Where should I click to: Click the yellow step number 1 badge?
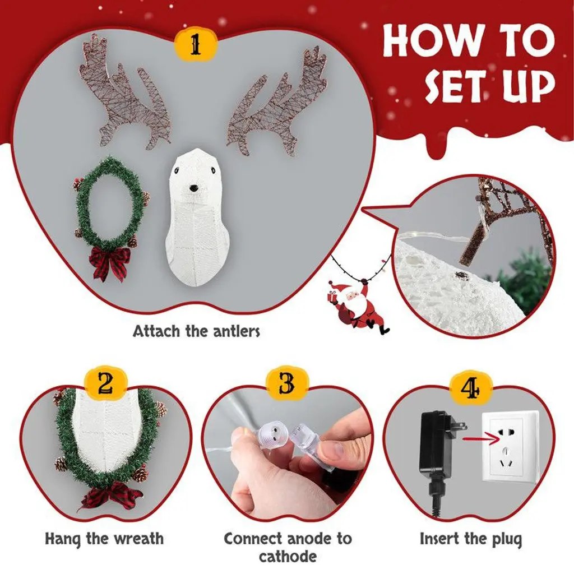point(196,45)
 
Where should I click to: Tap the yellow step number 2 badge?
point(105,385)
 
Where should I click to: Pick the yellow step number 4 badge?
point(470,387)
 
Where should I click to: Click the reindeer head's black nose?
point(193,188)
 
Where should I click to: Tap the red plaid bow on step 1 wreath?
point(109,261)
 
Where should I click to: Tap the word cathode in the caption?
point(288,557)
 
